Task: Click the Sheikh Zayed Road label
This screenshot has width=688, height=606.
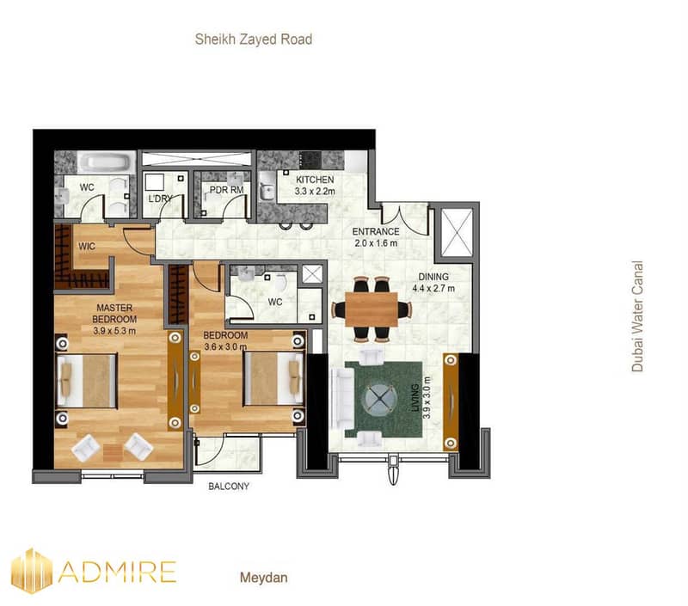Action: pos(254,40)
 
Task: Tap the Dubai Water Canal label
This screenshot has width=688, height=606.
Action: pos(637,316)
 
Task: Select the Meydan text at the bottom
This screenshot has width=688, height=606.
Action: pos(264,578)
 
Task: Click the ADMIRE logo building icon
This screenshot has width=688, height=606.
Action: pos(32,570)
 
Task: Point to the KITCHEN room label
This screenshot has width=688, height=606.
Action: pos(315,180)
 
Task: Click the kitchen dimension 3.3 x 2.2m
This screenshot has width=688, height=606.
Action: pos(315,191)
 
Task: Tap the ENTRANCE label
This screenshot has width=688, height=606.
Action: pos(376,231)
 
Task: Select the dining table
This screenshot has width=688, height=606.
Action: pos(372,309)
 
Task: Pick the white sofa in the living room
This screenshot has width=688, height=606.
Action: pos(342,399)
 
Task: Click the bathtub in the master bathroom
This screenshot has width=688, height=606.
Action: pos(107,162)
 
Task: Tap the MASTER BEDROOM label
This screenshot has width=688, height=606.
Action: pos(114,314)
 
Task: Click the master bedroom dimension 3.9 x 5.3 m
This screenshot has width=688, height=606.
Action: pos(114,331)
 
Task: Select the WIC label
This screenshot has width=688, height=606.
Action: pos(87,247)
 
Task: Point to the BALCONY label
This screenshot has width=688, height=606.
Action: pos(229,487)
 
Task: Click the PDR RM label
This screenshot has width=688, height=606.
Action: pos(226,190)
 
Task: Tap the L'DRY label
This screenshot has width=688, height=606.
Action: pos(160,199)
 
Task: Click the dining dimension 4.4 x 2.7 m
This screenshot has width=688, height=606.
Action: pos(433,288)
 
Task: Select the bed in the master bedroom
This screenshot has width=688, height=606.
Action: pos(87,381)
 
